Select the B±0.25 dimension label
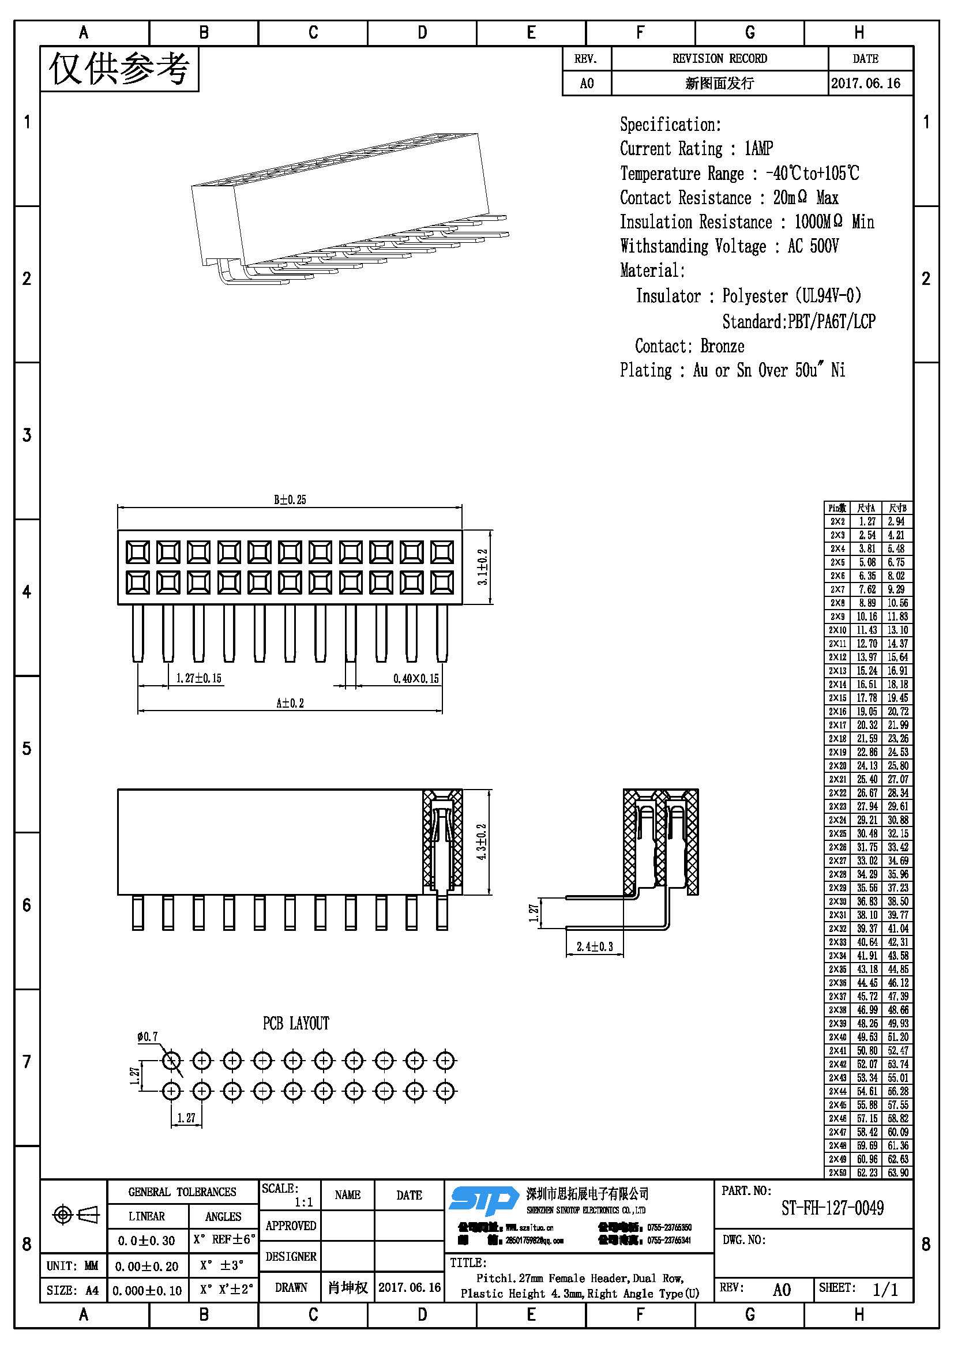click(290, 500)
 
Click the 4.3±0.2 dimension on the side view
click(482, 842)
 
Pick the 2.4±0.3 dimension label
click(595, 946)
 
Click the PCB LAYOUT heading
click(295, 1024)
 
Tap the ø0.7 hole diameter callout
click(148, 1037)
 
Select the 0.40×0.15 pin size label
click(416, 679)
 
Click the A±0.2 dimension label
click(290, 703)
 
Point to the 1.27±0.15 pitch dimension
click(198, 679)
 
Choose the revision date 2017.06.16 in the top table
click(865, 84)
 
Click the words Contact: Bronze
click(689, 346)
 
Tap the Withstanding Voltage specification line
click(729, 246)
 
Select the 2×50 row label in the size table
click(837, 1173)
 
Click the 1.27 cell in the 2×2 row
click(866, 521)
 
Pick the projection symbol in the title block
click(76, 1215)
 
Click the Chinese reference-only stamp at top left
click(119, 69)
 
